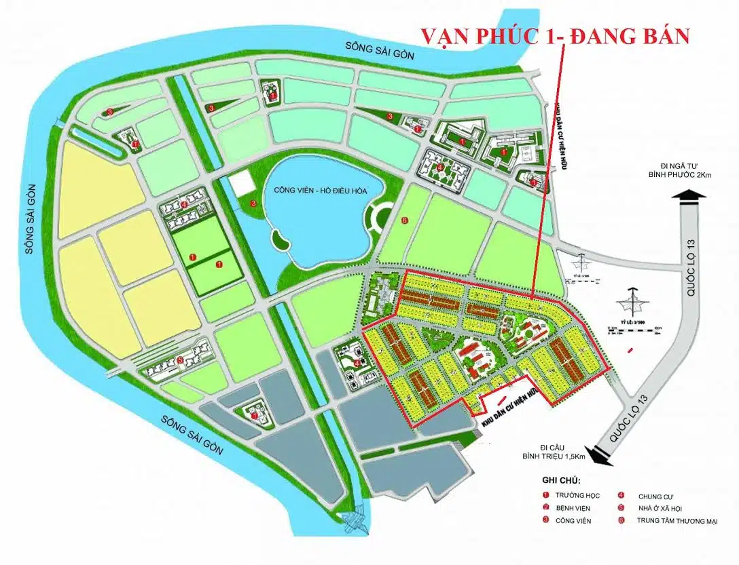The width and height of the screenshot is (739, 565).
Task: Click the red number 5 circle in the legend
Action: pos(621,508)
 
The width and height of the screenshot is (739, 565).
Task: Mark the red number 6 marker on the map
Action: pos(404,220)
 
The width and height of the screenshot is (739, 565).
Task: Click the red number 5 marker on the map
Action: pos(180,360)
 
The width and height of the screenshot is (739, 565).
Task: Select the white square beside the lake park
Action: pos(240,185)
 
